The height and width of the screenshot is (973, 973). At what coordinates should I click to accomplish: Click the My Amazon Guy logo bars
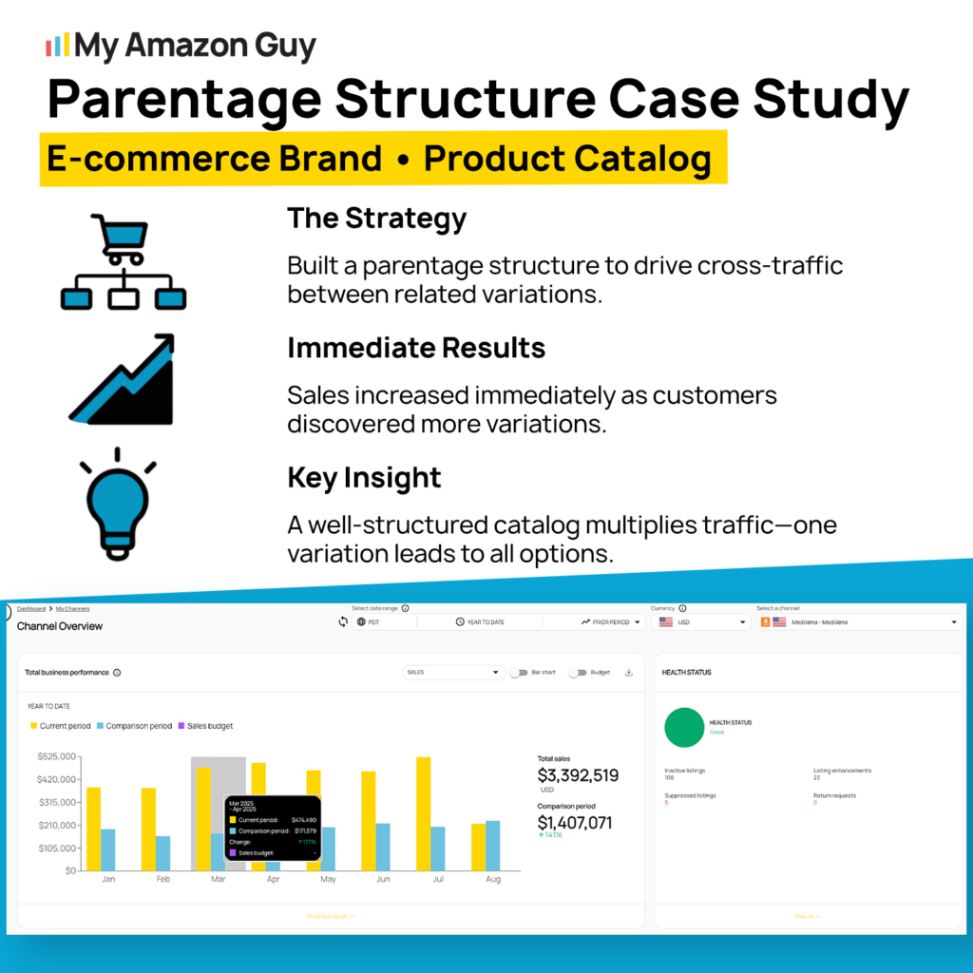[58, 45]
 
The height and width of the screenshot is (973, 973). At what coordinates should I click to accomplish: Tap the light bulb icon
[119, 504]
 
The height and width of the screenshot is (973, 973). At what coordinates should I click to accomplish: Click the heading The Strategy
[376, 219]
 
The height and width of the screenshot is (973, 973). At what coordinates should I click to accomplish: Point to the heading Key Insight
[364, 477]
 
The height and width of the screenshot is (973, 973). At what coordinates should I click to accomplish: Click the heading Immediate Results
[416, 348]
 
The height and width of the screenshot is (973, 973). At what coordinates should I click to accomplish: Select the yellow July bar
[423, 813]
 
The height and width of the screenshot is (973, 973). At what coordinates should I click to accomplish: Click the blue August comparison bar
[492, 845]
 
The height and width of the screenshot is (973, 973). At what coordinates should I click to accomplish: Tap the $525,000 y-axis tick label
[56, 756]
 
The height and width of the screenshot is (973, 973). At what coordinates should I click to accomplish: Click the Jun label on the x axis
[383, 880]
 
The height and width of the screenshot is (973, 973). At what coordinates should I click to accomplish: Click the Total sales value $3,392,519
[578, 775]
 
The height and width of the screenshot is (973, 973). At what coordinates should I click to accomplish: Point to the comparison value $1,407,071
[575, 822]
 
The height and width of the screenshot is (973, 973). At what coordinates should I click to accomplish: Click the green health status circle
[683, 727]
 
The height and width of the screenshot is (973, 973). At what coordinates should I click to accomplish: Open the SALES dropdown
[453, 672]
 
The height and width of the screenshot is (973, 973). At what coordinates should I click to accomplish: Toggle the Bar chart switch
[519, 672]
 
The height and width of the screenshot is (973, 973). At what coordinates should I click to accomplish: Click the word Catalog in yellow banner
[646, 159]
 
